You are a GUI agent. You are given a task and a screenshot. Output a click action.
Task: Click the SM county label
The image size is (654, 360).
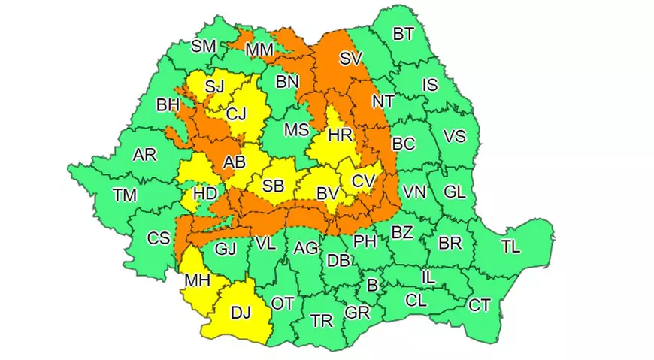[203, 46]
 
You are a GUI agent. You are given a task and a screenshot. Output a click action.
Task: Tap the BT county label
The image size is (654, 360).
[404, 33]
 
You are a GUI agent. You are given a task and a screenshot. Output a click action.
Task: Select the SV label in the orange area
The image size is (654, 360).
[350, 59]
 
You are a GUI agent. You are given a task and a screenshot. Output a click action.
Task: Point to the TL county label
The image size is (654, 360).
[510, 245]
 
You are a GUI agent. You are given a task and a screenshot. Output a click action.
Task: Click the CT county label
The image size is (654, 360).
[480, 305]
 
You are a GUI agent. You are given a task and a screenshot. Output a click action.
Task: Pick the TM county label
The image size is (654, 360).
[125, 195]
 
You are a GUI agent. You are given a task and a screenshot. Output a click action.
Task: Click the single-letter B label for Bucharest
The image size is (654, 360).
[371, 286]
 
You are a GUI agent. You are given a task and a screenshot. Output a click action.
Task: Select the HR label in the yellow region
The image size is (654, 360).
[341, 135]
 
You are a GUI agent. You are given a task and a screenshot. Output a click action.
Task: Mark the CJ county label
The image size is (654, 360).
[237, 114]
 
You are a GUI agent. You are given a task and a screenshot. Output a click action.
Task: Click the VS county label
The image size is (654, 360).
[454, 137]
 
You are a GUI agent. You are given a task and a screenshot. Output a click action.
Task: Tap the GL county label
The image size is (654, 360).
[454, 192]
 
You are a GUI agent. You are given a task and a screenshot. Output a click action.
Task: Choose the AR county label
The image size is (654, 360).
[144, 155]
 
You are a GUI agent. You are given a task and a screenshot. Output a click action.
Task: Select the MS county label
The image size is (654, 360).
[296, 130]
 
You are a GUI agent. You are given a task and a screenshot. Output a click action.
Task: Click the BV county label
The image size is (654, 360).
[327, 193]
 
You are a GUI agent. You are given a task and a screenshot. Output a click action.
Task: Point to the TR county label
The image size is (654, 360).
[322, 321]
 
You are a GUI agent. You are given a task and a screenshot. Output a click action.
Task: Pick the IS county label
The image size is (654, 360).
[429, 86]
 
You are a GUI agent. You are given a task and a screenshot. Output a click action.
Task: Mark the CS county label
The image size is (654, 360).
[158, 238]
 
